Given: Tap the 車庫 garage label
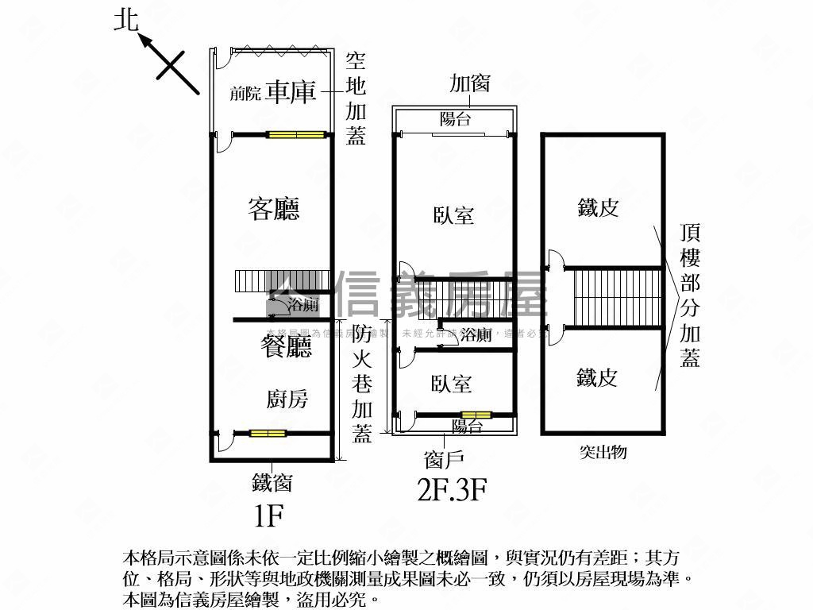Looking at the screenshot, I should click(291, 92).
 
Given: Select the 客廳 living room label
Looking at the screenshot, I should click(274, 210).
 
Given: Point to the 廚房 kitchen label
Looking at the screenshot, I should click(287, 399).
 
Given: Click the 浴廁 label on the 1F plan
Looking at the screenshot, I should click(303, 304).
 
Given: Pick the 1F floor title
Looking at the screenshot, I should click(269, 516).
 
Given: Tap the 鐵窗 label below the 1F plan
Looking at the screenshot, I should click(272, 481).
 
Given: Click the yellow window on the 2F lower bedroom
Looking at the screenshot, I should click(476, 414).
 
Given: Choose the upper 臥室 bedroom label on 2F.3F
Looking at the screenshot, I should click(453, 215).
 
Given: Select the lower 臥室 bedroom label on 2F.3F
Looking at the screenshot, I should click(451, 384).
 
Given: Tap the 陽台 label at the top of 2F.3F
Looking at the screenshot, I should click(455, 119).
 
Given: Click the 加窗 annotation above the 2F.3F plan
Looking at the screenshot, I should click(469, 83).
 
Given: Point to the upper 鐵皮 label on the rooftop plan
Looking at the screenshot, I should click(598, 208).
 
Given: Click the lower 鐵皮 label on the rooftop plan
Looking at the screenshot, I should click(597, 377).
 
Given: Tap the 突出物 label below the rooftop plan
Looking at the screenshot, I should click(603, 452).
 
